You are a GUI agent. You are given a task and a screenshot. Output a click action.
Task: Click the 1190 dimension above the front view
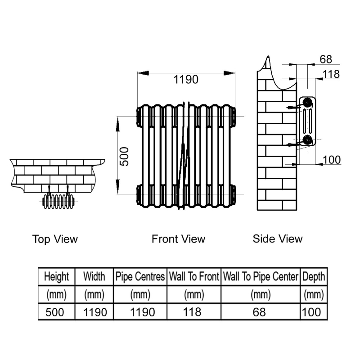(x=186, y=80)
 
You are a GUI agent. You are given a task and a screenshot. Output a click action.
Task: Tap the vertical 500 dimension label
(x=124, y=156)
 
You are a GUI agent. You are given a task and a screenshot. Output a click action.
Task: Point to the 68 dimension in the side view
(x=326, y=59)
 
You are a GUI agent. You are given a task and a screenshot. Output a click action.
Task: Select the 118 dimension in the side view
(x=331, y=74)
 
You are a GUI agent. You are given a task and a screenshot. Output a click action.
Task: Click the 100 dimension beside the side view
(x=332, y=160)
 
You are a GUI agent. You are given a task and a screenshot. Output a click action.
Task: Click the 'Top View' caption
(x=55, y=239)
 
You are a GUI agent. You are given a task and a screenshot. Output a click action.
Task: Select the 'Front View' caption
(x=178, y=239)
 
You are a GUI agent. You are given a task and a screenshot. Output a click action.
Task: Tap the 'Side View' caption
(x=278, y=239)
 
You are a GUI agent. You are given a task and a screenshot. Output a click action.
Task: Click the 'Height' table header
(x=57, y=276)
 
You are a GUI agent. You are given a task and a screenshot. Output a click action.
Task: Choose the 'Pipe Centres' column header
(x=140, y=276)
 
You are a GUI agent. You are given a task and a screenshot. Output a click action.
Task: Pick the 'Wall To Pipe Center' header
(x=261, y=276)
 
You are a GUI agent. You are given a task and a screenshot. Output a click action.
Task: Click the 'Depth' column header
(x=314, y=276)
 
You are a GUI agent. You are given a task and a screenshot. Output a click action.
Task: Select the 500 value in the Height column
(x=54, y=312)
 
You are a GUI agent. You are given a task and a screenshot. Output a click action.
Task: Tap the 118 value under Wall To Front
(x=192, y=312)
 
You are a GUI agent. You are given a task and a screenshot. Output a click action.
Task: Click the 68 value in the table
(x=259, y=312)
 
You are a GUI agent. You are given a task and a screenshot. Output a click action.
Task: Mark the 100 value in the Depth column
(x=311, y=312)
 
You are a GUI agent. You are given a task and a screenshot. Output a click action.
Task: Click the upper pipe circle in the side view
(x=307, y=103)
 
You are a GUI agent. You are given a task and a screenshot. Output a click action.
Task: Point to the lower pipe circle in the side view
(x=307, y=139)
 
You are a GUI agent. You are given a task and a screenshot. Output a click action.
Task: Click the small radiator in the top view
(x=58, y=201)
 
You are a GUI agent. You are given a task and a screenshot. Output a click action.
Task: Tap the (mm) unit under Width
(x=94, y=295)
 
